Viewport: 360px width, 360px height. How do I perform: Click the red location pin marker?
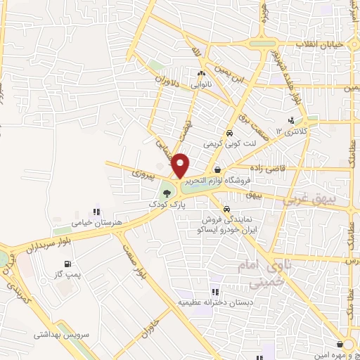(x=181, y=165)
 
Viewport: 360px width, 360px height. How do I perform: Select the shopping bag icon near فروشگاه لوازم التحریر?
(x=217, y=169)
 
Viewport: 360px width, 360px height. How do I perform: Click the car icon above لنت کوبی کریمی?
(x=229, y=133)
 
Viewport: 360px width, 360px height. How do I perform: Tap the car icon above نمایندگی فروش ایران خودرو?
(x=226, y=209)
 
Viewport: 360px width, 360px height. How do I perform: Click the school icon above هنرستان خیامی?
(x=97, y=211)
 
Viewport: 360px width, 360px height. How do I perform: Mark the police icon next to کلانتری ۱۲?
(x=291, y=120)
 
